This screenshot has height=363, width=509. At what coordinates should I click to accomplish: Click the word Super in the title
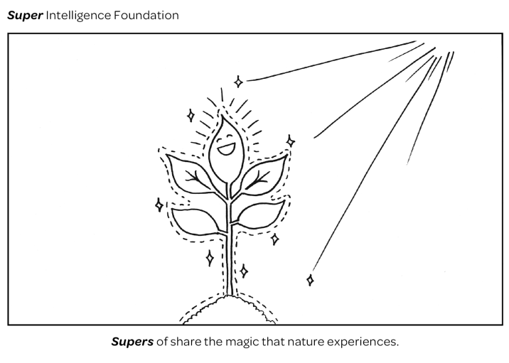click(x=24, y=14)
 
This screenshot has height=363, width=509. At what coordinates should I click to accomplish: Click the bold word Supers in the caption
click(x=132, y=342)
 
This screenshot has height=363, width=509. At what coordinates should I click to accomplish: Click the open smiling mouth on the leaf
click(x=225, y=149)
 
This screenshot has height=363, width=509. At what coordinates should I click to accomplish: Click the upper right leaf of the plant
click(x=264, y=175)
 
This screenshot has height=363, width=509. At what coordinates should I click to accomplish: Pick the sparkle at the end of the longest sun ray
click(x=310, y=280)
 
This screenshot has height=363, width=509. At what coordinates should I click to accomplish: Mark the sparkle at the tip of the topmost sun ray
click(x=238, y=82)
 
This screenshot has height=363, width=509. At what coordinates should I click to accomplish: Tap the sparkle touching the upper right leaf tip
click(x=290, y=141)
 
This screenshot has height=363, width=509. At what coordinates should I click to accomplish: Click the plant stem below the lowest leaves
click(x=229, y=263)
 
